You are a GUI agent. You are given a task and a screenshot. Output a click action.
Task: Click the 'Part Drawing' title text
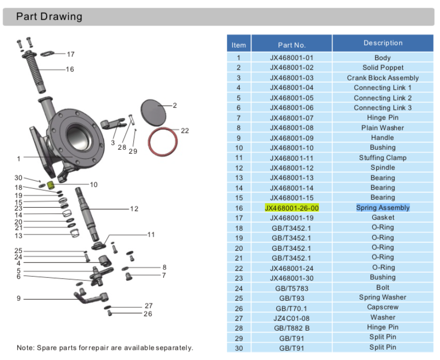49,17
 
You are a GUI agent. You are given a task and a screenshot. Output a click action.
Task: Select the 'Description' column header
383,43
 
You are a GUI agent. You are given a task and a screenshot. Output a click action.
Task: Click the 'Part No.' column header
291,45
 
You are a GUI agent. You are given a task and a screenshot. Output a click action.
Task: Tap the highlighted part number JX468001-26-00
291,208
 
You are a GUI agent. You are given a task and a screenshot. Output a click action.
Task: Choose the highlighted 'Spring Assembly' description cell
383,208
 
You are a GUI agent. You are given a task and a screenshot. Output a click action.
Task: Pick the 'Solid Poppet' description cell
383,68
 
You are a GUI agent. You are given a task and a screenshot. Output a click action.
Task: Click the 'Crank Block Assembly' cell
383,78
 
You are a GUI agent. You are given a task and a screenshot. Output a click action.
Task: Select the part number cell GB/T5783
291,288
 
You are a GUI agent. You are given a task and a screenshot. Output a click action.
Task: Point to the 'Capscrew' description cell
383,307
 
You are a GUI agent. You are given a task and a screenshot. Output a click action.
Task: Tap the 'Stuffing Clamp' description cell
383,158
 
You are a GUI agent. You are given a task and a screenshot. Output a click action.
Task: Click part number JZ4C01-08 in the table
291,318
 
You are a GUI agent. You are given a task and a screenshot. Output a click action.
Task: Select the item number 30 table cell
238,348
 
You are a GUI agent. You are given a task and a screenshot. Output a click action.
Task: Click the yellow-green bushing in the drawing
51,185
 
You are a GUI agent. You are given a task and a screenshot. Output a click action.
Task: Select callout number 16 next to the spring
70,69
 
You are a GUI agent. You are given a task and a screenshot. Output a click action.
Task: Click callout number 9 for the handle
18,298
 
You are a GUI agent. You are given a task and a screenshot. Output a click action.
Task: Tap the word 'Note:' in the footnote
26,348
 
